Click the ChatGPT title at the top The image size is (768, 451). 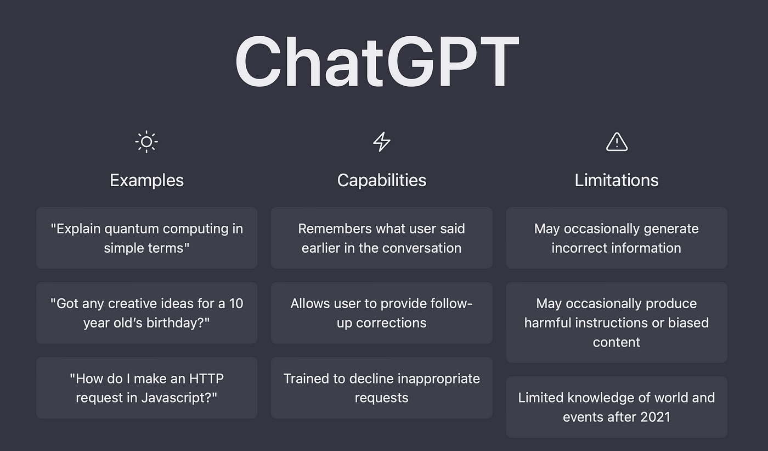[x=377, y=62]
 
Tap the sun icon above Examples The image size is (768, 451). [x=146, y=142]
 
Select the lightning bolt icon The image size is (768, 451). [x=382, y=142]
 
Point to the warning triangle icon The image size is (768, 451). [x=617, y=142]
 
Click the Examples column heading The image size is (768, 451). [x=147, y=180]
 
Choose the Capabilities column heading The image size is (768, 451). [x=382, y=180]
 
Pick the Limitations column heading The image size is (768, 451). [x=617, y=180]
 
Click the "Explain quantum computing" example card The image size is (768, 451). [x=147, y=237]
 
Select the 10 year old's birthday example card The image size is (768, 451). [x=147, y=313]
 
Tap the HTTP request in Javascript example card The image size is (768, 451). [x=147, y=388]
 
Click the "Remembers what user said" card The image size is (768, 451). [x=382, y=237]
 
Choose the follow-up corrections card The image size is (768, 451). [x=382, y=313]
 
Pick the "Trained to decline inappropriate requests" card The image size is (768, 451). [x=382, y=388]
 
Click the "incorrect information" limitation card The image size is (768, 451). [x=617, y=237]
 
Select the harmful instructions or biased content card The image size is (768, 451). [x=617, y=322]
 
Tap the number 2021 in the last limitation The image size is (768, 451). [x=656, y=417]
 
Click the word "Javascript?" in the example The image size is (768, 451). [x=179, y=398]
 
